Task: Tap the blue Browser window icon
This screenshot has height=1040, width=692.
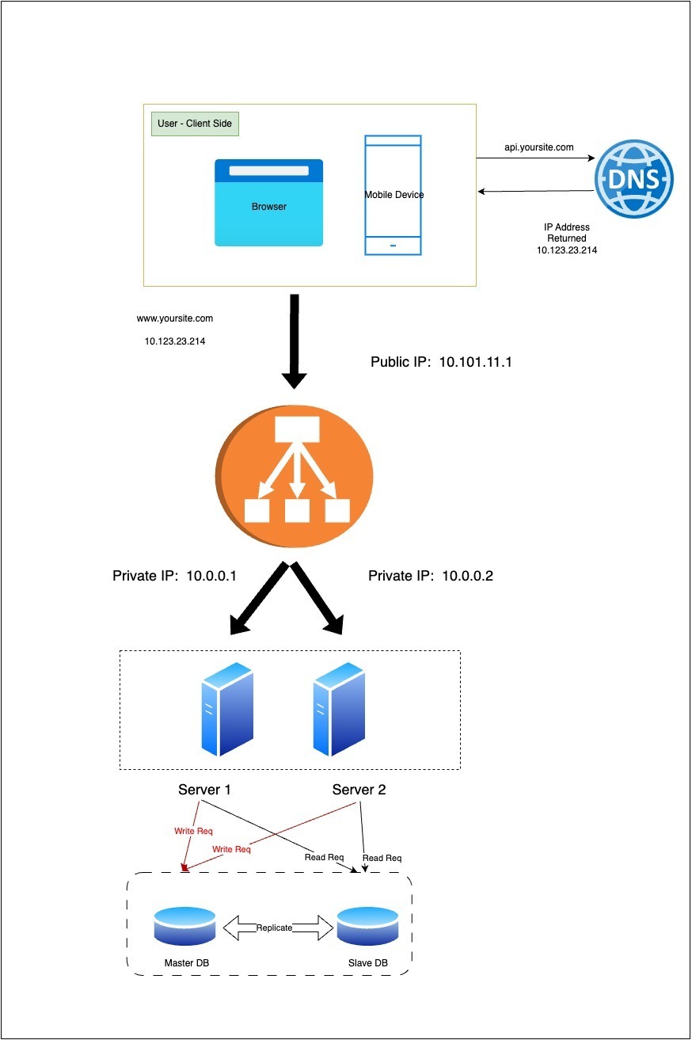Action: point(268,203)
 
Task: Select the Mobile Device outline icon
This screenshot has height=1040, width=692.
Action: point(394,195)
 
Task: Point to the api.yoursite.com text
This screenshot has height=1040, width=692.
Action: point(539,147)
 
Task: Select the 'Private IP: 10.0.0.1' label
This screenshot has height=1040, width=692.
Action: point(175,576)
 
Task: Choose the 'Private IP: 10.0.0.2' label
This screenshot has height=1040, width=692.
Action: point(431,576)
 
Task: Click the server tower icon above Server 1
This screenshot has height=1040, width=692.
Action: point(227,710)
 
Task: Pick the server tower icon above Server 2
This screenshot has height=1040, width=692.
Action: point(338,710)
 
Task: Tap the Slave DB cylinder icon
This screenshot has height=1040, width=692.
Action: point(367,926)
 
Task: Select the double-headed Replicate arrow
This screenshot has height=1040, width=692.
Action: point(275,928)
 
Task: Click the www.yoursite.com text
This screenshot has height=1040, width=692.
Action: point(175,318)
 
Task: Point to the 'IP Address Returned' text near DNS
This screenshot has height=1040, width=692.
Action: point(567,233)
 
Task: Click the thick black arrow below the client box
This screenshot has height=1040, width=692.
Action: point(295,341)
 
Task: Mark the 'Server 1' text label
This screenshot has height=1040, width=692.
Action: point(205,790)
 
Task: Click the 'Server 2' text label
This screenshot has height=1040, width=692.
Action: point(359,790)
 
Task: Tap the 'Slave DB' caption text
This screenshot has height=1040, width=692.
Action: point(368,962)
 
